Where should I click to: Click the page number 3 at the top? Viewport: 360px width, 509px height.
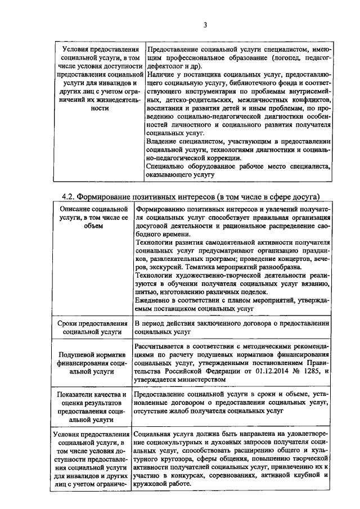(205, 25)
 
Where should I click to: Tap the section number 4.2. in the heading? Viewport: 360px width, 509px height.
(70, 196)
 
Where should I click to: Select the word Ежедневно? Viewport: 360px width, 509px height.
(156, 300)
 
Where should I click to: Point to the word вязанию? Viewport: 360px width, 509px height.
(316, 284)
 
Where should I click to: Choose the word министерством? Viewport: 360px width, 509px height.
(198, 379)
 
